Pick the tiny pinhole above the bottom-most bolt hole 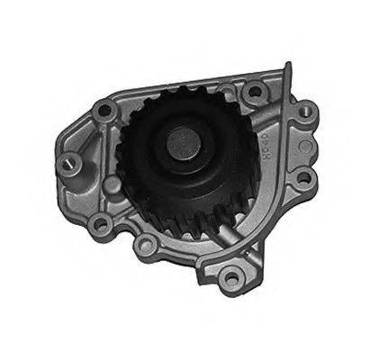224,254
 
